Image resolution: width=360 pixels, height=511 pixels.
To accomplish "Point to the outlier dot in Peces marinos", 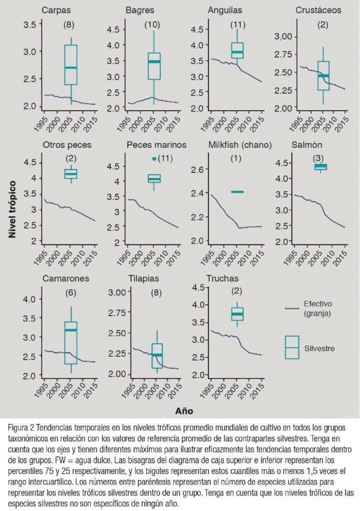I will [154, 159].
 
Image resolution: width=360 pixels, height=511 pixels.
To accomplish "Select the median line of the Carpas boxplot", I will [71, 67].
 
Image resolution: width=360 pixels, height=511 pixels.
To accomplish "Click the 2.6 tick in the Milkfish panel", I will [200, 170].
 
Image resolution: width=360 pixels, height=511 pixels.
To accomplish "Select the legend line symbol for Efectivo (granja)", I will [292, 308].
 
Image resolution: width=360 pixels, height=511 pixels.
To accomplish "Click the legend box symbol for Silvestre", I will [292, 348].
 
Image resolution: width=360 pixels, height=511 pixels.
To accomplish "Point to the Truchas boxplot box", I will [237, 313].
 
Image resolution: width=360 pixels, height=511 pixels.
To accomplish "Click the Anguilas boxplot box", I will [237, 50].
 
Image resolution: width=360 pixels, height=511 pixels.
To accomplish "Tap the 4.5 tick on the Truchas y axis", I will [200, 287].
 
